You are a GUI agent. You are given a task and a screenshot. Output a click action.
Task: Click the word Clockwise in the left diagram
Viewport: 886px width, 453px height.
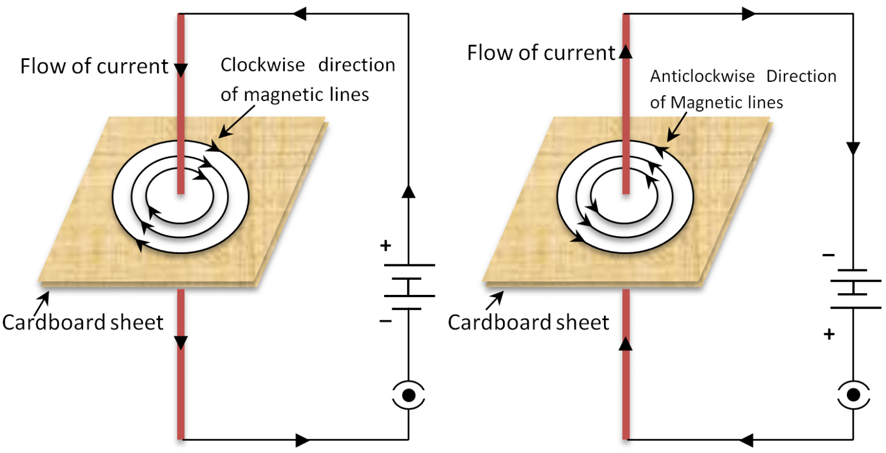pyautogui.click(x=262, y=65)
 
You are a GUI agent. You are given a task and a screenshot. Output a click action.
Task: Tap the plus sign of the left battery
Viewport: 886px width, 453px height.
pyautogui.click(x=385, y=246)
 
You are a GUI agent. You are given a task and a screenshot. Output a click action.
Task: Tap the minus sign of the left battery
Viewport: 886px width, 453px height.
pyautogui.click(x=385, y=320)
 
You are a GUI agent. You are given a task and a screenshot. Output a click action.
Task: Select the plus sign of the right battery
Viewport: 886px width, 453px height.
pyautogui.click(x=829, y=334)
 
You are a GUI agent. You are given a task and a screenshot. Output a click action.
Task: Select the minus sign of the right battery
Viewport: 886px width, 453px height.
pyautogui.click(x=828, y=255)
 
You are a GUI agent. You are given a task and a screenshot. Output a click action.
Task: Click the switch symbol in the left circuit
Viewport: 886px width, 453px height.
pyautogui.click(x=408, y=395)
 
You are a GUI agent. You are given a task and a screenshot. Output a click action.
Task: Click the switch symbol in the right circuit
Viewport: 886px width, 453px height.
pyautogui.click(x=854, y=395)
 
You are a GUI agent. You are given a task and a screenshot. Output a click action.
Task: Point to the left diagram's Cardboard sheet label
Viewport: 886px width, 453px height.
pyautogui.click(x=82, y=322)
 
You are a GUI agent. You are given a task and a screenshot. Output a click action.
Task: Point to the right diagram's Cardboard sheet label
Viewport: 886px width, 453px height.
pyautogui.click(x=528, y=322)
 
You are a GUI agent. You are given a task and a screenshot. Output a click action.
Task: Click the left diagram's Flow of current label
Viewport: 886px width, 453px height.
pyautogui.click(x=94, y=66)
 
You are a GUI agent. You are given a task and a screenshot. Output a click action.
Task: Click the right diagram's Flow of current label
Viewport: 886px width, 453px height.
pyautogui.click(x=541, y=53)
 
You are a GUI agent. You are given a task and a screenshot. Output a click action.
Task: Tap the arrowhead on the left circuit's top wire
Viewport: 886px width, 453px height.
pyautogui.click(x=299, y=14)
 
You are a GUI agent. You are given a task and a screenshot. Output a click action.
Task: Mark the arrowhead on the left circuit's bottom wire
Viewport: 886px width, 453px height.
pyautogui.click(x=302, y=440)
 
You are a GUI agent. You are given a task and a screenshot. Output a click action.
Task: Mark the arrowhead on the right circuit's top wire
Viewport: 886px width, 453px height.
pyautogui.click(x=748, y=14)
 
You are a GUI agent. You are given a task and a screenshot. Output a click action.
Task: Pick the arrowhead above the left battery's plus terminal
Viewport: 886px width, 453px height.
pyautogui.click(x=408, y=191)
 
